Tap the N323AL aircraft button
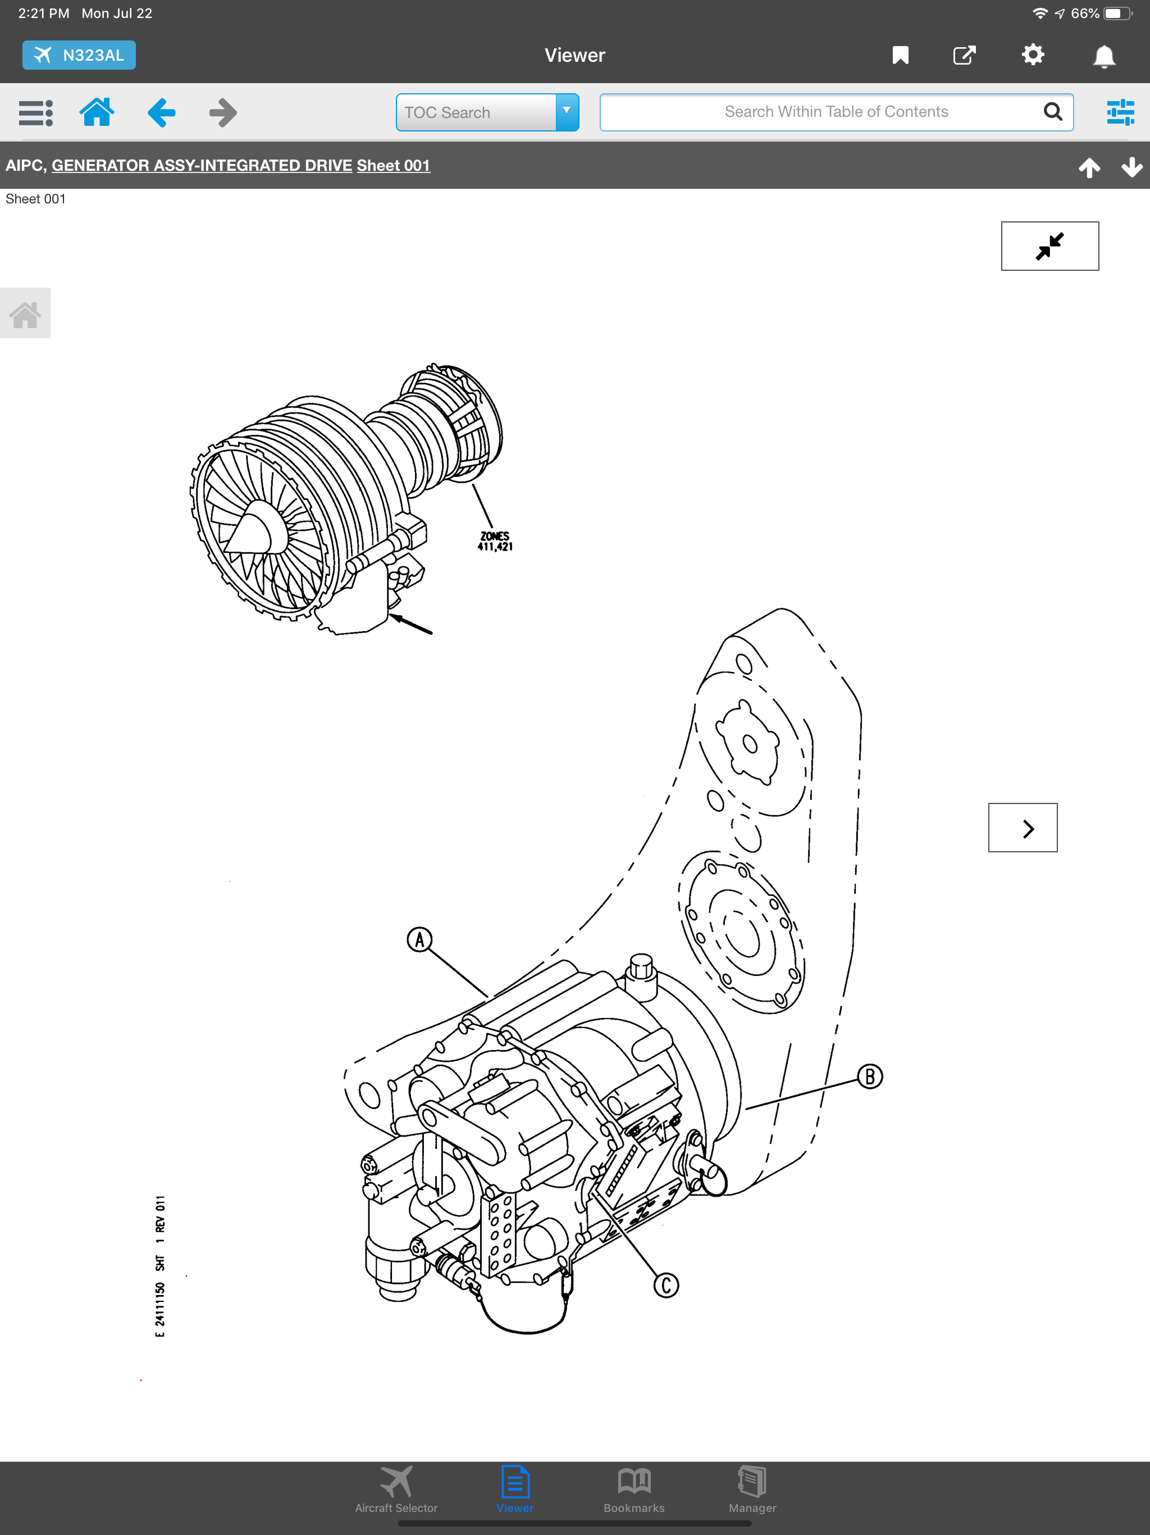[79, 56]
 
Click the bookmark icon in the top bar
[900, 56]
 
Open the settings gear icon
[1033, 55]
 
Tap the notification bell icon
[1104, 56]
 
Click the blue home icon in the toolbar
[97, 112]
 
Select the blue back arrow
[162, 112]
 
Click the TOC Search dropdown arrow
[567, 112]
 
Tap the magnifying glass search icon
[1053, 112]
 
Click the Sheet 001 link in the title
[393, 166]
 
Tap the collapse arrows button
[1049, 246]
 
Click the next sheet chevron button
[1023, 828]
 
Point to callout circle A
[419, 941]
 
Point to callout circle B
[870, 1077]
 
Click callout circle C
[666, 1285]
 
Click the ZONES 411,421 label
[495, 541]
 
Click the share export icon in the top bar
[964, 56]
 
